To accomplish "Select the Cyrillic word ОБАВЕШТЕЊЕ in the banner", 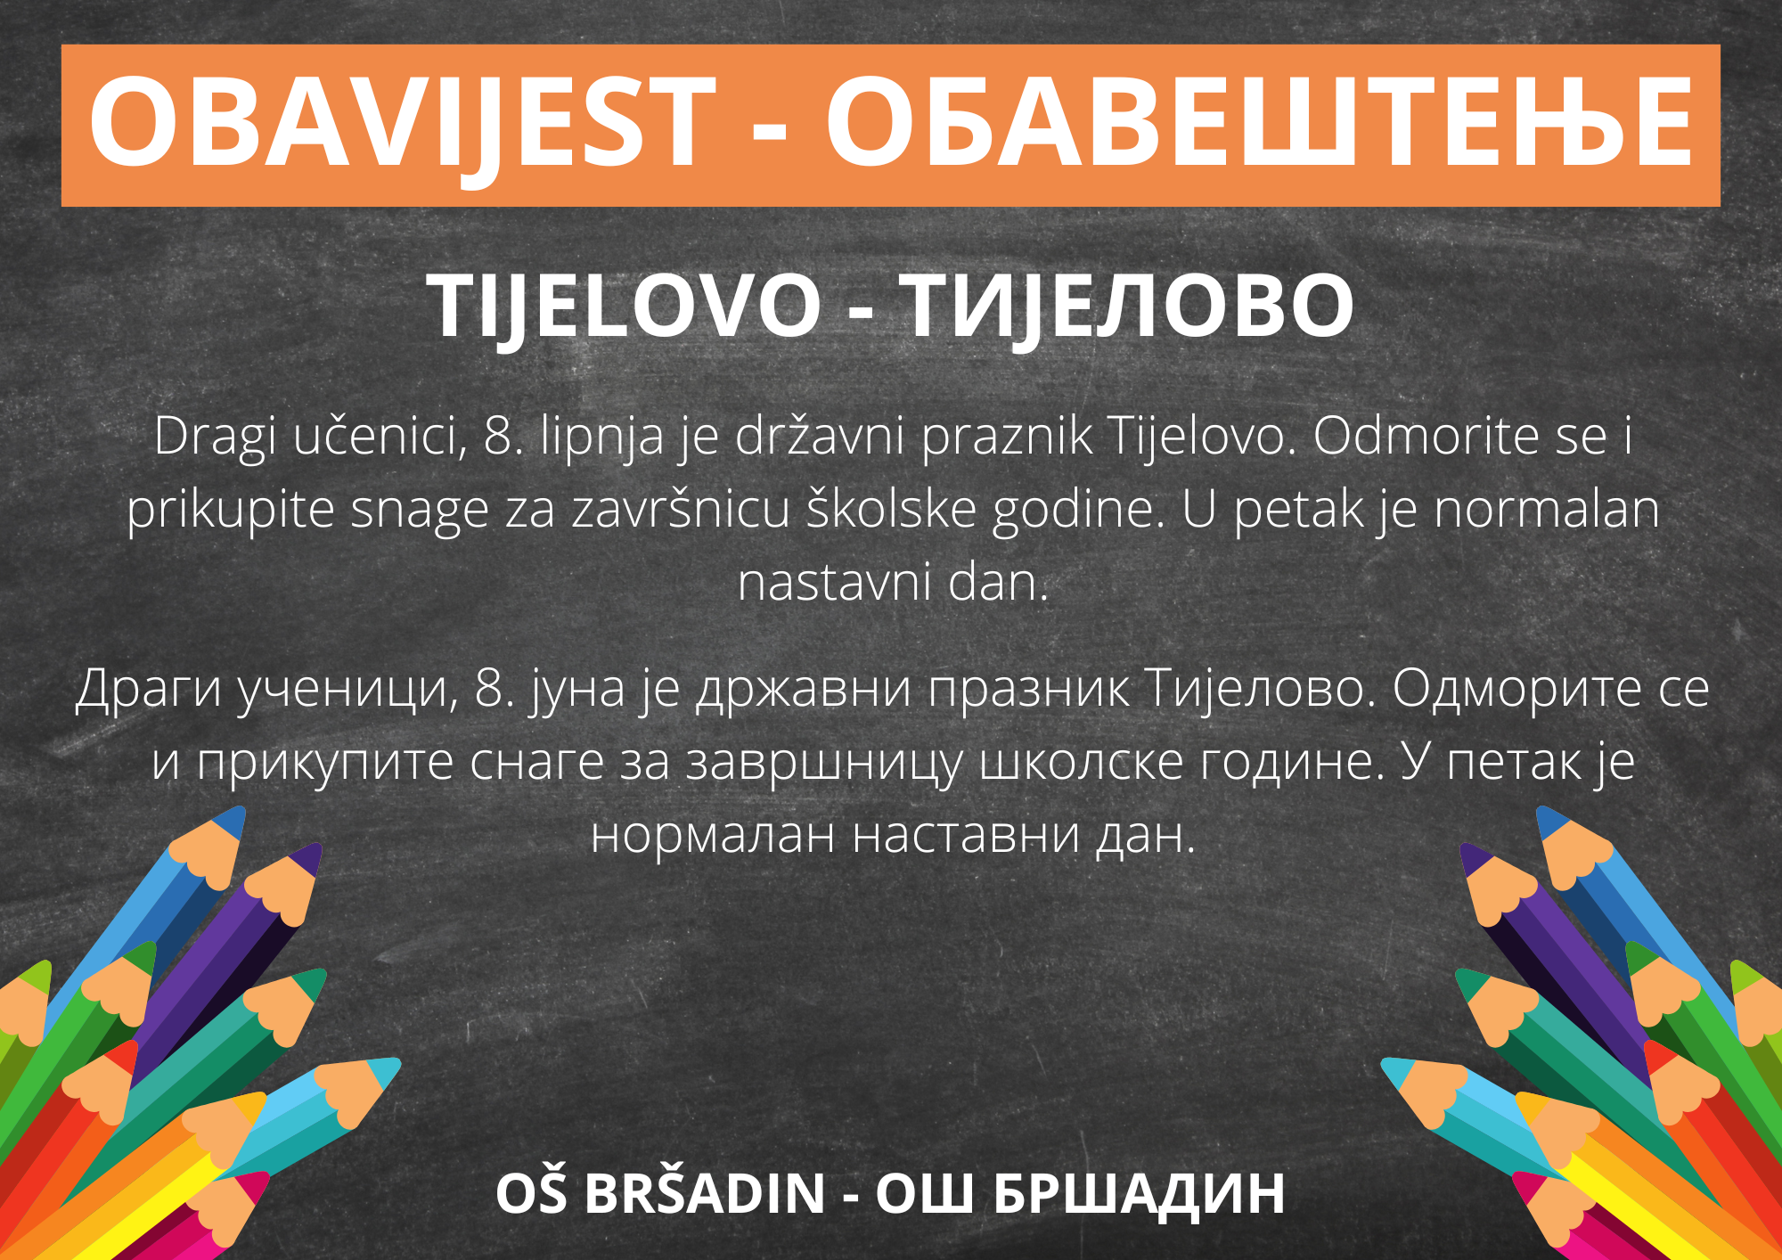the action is click(1259, 122).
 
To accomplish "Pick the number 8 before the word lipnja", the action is click(497, 437).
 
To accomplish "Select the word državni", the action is click(820, 436).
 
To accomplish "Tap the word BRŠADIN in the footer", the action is click(705, 1193).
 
